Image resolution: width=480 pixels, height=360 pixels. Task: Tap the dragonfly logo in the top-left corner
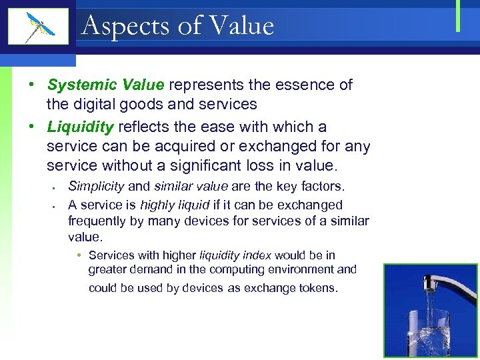(39, 27)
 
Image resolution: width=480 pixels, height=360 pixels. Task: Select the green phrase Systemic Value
(105, 85)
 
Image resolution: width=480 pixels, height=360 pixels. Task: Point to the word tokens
(319, 289)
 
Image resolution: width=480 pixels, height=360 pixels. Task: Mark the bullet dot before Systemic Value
(31, 85)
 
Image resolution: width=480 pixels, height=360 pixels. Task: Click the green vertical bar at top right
(458, 17)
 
